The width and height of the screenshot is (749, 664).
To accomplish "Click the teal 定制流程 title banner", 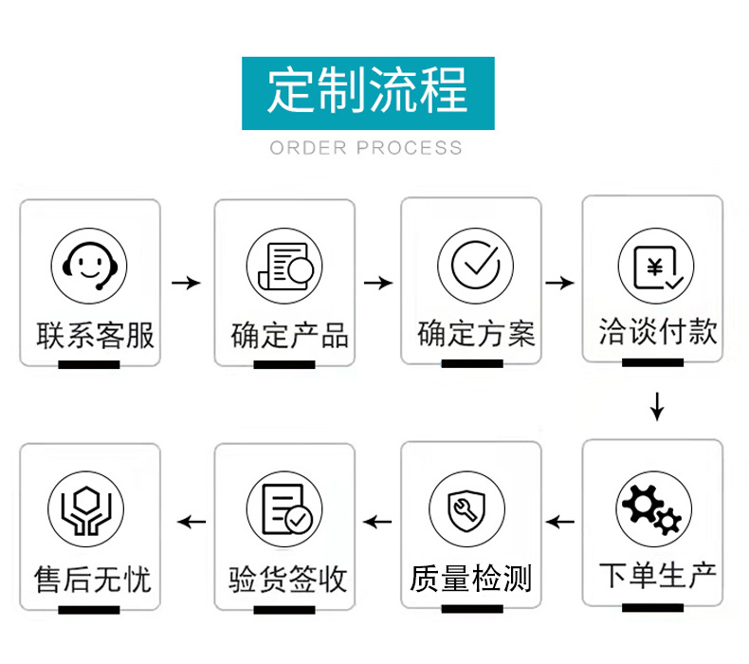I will (368, 93).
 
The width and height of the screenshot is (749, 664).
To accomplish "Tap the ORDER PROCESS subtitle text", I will (367, 148).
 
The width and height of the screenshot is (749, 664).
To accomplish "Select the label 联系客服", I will (95, 335).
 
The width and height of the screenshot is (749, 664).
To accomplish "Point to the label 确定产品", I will (289, 336).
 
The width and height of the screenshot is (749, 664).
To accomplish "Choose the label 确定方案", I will (476, 334).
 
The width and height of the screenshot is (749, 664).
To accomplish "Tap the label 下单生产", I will (658, 575).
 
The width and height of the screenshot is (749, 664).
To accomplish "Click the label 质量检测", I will (471, 578).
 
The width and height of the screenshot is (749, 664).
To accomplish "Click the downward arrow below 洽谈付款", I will (657, 405).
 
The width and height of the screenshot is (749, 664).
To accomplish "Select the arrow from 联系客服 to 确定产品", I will (187, 283).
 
